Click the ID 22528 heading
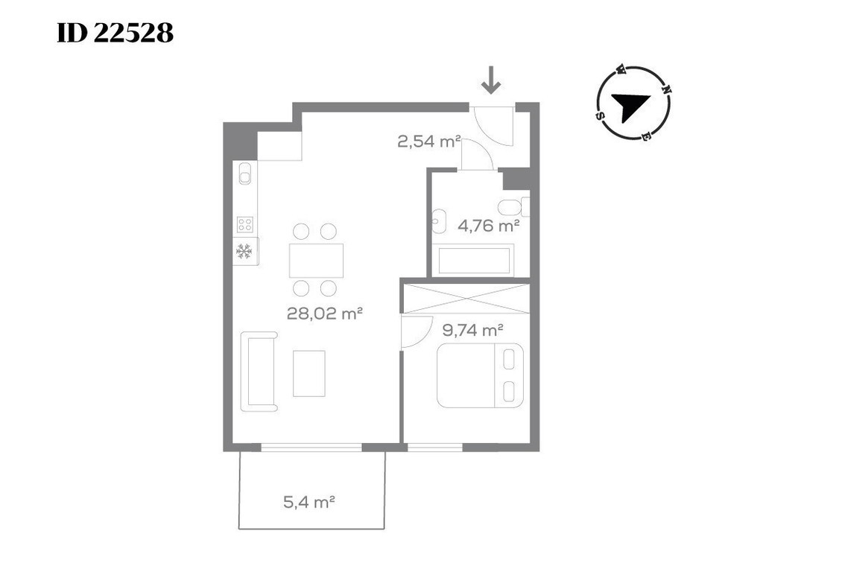pyautogui.click(x=115, y=34)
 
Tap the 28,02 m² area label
pyautogui.click(x=324, y=313)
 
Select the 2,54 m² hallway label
pyautogui.click(x=428, y=141)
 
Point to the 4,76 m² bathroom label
pyautogui.click(x=488, y=226)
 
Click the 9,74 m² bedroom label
pyautogui.click(x=472, y=330)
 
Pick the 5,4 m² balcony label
pyautogui.click(x=308, y=502)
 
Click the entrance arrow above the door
pyautogui.click(x=490, y=80)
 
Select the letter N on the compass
pyautogui.click(x=666, y=89)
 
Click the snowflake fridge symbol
pyautogui.click(x=244, y=251)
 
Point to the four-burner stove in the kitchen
pyautogui.click(x=245, y=224)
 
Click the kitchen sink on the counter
pyautogui.click(x=245, y=173)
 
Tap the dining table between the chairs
pyautogui.click(x=316, y=260)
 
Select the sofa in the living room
pyautogui.click(x=259, y=372)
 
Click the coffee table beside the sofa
pyautogui.click(x=308, y=373)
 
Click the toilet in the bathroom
pyautogui.click(x=513, y=206)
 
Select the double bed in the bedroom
pyautogui.click(x=480, y=375)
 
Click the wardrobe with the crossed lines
pyautogui.click(x=466, y=299)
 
